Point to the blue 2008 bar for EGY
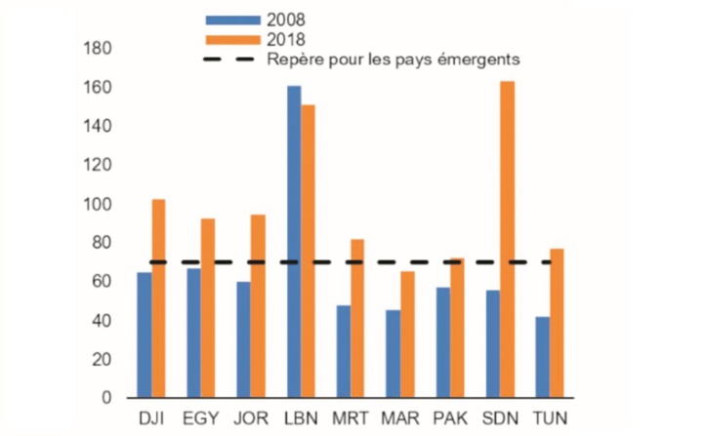[194, 333]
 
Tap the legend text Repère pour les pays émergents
[392, 59]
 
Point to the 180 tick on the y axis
[99, 49]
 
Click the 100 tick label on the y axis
[99, 204]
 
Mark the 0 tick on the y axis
[106, 398]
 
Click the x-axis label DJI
[151, 418]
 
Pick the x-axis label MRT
[351, 418]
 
